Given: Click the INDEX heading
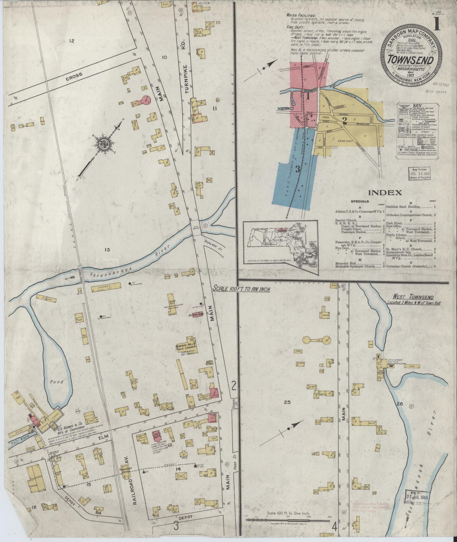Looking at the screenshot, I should point(385,192).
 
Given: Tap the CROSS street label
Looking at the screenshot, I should point(75,75).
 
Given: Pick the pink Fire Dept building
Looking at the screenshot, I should point(156,436).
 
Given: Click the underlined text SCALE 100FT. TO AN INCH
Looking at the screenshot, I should point(241,289).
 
